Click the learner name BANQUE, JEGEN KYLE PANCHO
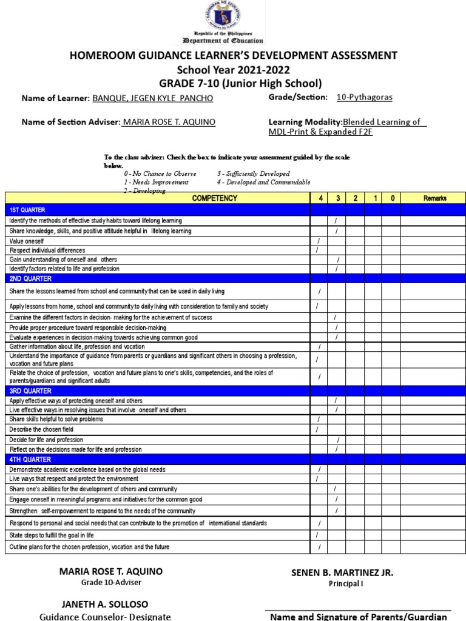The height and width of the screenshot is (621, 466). (152, 98)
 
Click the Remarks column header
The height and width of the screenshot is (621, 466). (434, 198)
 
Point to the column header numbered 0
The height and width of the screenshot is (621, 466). (391, 198)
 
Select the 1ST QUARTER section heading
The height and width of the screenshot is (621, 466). (27, 209)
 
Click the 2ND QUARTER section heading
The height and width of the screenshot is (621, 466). (28, 279)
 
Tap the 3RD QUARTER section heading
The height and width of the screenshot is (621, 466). (28, 391)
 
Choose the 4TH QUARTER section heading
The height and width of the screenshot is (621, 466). (28, 460)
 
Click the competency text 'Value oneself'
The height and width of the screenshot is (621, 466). (27, 241)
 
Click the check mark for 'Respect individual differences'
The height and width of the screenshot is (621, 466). (317, 250)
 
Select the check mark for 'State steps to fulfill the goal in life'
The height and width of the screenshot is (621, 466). (317, 535)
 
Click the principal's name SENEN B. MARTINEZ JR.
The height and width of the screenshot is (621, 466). (342, 572)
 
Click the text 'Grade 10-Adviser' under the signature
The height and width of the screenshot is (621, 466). (111, 583)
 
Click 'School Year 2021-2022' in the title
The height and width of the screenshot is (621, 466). (234, 70)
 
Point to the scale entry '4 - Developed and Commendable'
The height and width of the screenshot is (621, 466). (263, 182)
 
